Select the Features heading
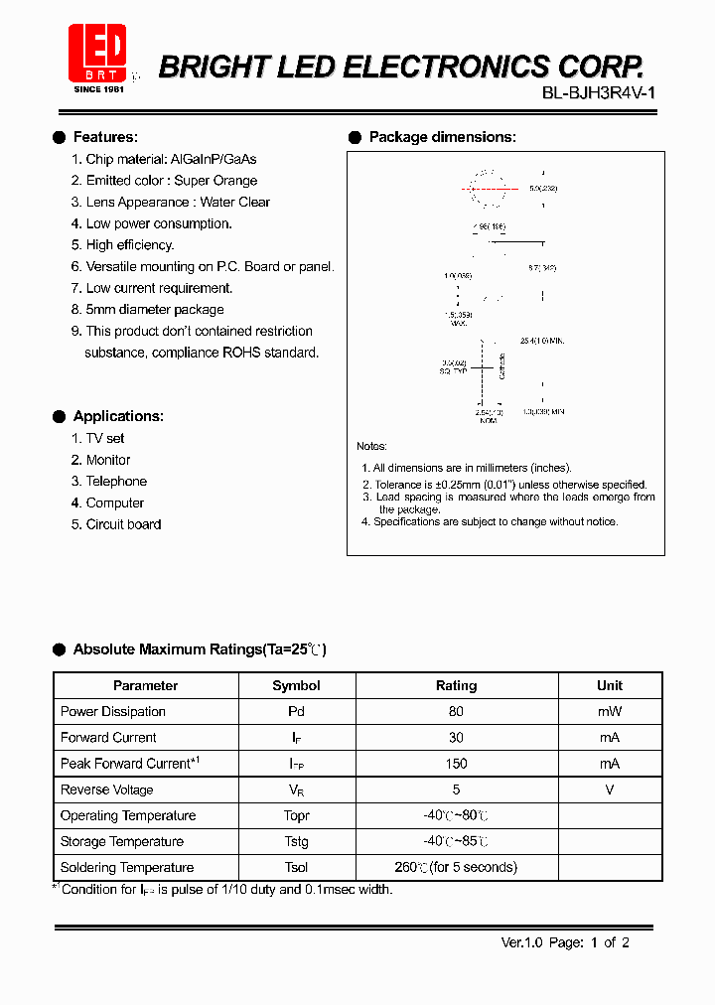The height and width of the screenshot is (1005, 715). tap(105, 137)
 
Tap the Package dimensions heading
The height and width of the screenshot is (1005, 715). tap(442, 137)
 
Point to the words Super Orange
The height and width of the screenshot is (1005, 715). tap(215, 181)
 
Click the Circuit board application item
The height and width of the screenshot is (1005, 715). tap(122, 524)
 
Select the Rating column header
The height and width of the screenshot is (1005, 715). tap(456, 685)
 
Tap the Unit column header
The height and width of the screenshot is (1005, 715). tap(610, 685)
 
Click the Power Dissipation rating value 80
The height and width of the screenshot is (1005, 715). tap(456, 711)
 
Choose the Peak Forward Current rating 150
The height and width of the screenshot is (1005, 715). tap(456, 764)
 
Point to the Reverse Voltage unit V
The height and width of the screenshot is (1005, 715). tap(610, 790)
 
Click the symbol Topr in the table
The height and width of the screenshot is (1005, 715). tap(296, 815)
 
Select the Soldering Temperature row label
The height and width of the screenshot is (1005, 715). tap(127, 867)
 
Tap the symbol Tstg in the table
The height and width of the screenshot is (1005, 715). tap(296, 841)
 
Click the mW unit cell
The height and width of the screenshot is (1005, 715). tap(610, 711)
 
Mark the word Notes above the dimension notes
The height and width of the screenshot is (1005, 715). tap(372, 446)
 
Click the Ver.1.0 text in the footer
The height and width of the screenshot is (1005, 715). tap(520, 942)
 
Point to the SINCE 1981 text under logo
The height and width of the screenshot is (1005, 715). tap(97, 88)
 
